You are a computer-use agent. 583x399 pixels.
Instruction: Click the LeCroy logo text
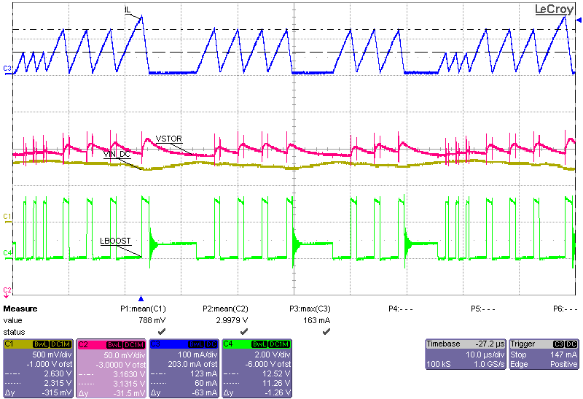[554, 9]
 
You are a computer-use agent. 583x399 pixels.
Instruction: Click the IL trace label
[128, 9]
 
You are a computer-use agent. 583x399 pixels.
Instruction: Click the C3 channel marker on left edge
[7, 69]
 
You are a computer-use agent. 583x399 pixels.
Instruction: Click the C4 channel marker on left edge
[7, 252]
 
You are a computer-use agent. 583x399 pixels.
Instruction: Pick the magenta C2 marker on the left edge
[7, 290]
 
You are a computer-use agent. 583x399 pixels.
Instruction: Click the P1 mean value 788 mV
[154, 320]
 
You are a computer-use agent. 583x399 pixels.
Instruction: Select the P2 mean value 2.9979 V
[234, 320]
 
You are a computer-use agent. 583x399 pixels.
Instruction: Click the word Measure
[20, 309]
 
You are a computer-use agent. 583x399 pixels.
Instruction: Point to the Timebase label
[443, 344]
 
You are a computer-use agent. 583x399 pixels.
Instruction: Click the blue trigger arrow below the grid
[141, 299]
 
